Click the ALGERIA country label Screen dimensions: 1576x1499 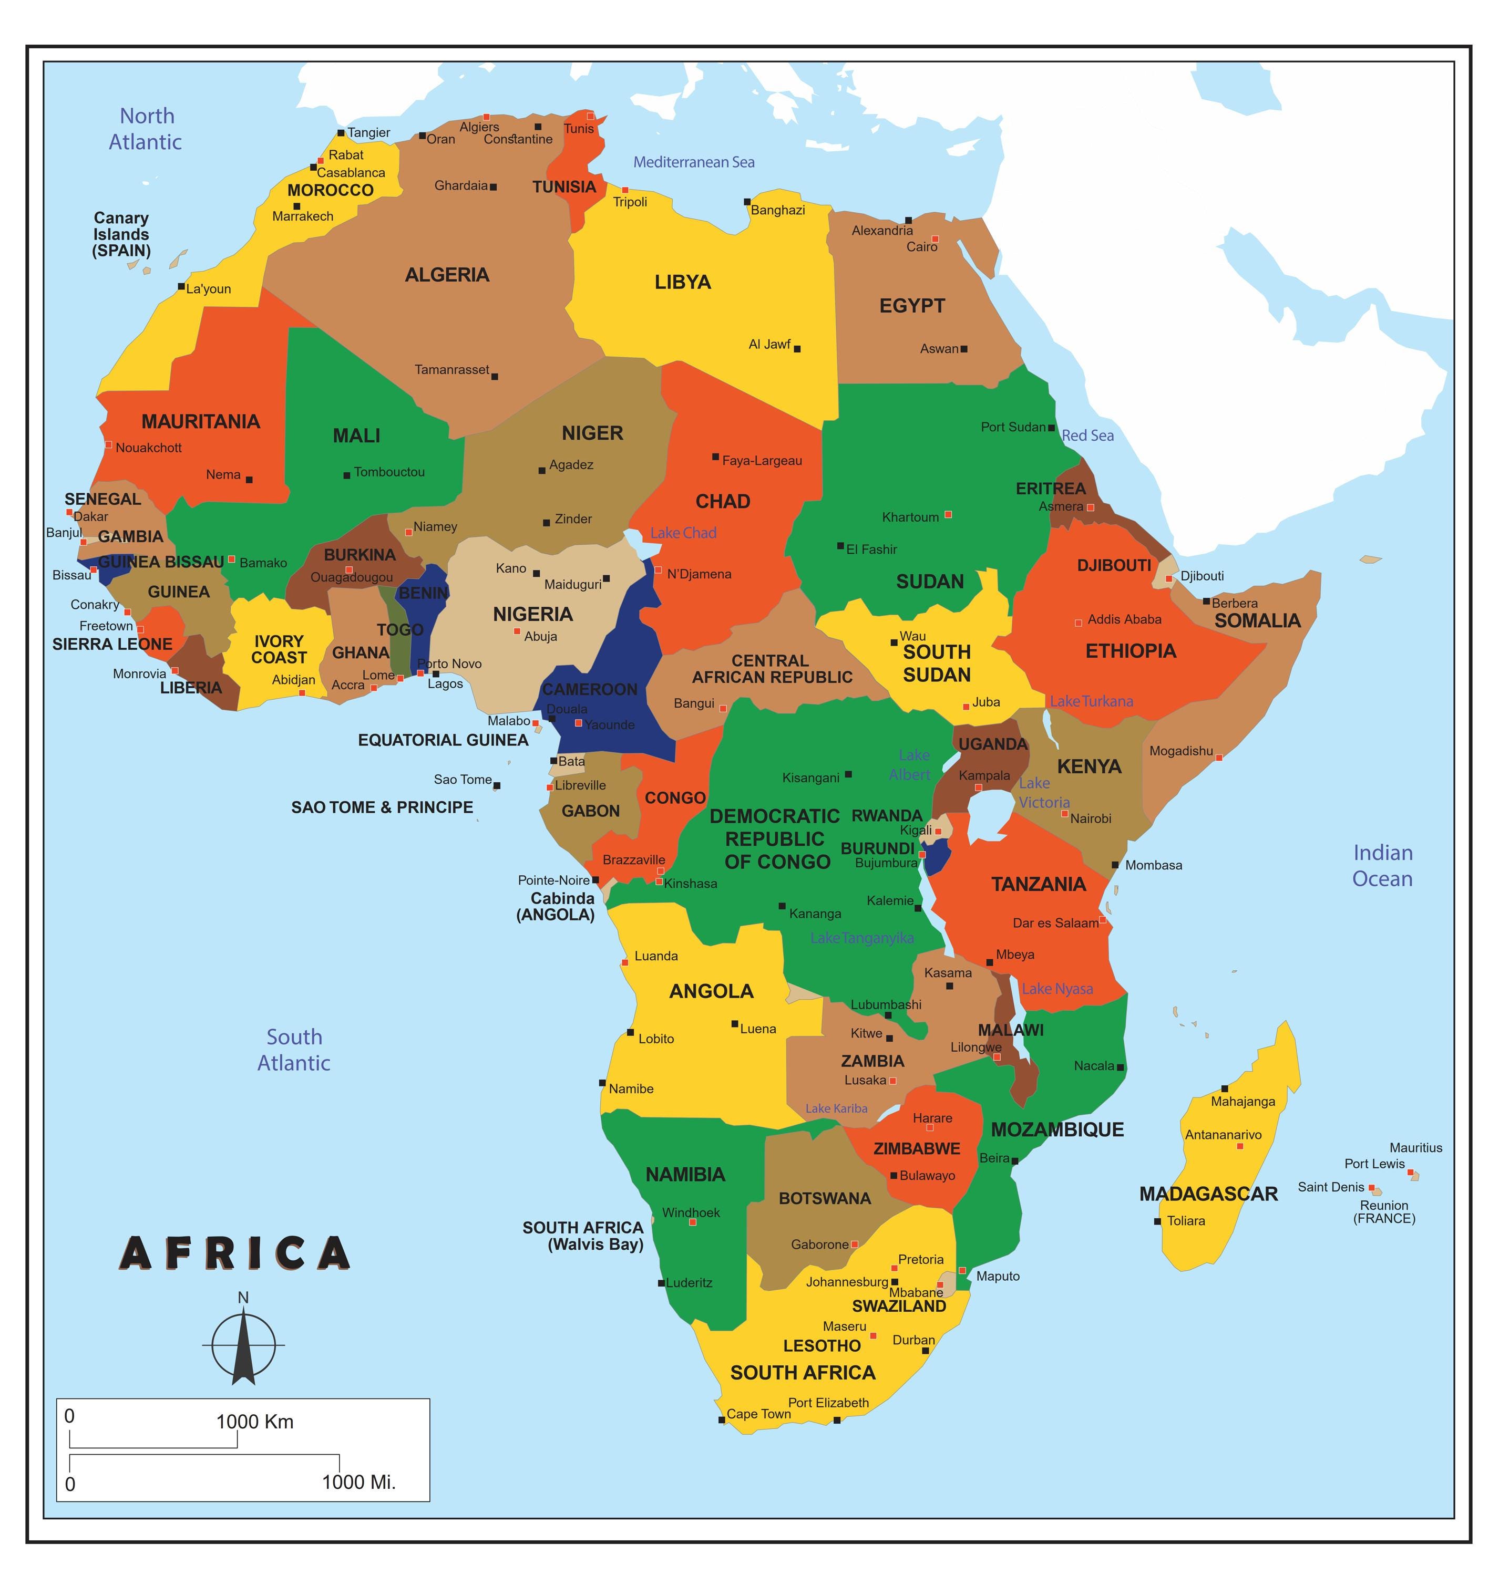click(x=447, y=275)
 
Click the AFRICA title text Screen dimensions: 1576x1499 click(x=235, y=1254)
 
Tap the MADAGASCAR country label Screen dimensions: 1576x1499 click(x=1208, y=1194)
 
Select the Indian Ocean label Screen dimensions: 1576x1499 click(x=1382, y=866)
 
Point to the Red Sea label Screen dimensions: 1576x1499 click(x=1087, y=436)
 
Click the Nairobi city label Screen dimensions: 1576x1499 click(x=1091, y=819)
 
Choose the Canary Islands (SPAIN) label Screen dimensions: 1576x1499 click(x=121, y=234)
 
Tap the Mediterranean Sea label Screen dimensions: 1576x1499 click(x=694, y=162)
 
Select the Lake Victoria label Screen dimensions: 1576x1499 click(x=1043, y=792)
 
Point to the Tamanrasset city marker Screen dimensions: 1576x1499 click(x=495, y=376)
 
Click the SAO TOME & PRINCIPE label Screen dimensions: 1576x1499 click(x=382, y=807)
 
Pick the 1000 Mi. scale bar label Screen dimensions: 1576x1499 click(x=359, y=1482)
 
